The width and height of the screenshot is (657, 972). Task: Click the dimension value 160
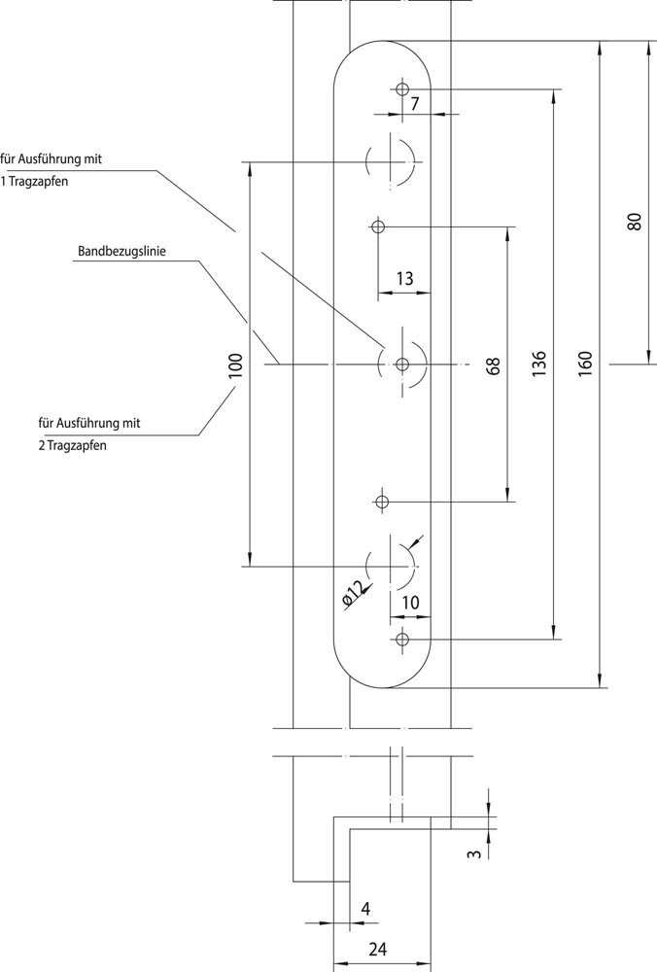tap(585, 364)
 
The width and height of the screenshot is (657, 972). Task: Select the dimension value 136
tap(540, 364)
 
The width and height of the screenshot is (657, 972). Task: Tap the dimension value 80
tap(635, 221)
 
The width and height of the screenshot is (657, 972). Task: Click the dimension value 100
tap(235, 365)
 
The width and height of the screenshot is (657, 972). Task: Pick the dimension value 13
tap(405, 279)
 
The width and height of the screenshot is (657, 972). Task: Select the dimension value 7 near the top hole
tap(414, 103)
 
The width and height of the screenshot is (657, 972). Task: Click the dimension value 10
tap(410, 603)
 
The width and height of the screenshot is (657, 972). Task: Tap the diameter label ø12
tap(354, 592)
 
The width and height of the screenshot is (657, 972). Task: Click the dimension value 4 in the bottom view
tap(365, 908)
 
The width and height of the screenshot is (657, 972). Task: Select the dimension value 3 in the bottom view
tap(472, 853)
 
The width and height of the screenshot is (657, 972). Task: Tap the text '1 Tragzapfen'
tap(34, 181)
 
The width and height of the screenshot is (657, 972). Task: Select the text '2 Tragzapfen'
tap(73, 446)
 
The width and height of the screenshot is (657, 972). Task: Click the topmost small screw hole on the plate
tap(402, 88)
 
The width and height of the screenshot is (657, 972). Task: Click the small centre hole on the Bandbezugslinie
tap(402, 364)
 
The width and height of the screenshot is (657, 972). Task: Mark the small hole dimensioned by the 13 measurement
tap(378, 226)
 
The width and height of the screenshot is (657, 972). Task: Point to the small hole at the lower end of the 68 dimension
tap(381, 501)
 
